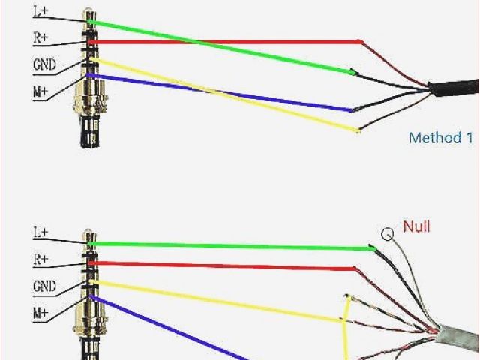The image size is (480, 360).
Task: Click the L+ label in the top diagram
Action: click(x=41, y=11)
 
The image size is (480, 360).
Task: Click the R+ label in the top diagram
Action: click(x=41, y=37)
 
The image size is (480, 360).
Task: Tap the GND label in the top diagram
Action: click(x=43, y=64)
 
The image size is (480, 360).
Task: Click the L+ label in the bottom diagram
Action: click(x=41, y=233)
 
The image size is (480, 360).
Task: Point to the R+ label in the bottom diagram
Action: click(x=41, y=259)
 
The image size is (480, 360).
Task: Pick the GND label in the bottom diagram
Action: click(x=43, y=286)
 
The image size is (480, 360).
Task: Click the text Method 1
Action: click(x=441, y=138)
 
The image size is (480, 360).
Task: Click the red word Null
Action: click(x=417, y=226)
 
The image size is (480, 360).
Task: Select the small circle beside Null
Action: click(x=387, y=234)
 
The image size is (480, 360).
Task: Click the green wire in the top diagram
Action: click(x=225, y=47)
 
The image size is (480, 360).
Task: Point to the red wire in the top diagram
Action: click(x=225, y=42)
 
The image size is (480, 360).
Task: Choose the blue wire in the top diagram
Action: click(x=225, y=93)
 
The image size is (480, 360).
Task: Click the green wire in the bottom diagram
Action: click(x=225, y=245)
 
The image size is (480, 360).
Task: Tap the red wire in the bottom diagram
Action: click(x=225, y=265)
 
